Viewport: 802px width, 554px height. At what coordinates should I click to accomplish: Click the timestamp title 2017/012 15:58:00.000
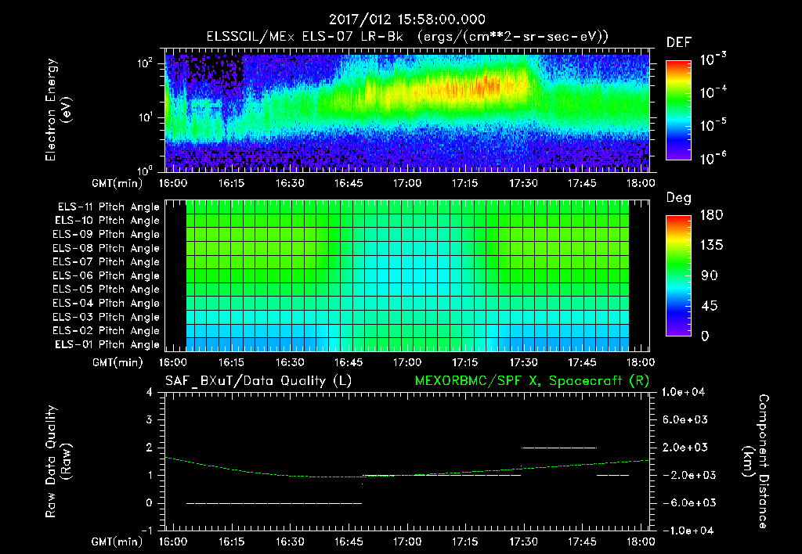click(407, 20)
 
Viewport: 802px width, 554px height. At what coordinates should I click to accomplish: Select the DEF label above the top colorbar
click(678, 42)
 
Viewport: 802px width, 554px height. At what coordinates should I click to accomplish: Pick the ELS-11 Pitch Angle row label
click(108, 207)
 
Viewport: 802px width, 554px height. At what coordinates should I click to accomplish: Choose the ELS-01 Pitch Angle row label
click(108, 344)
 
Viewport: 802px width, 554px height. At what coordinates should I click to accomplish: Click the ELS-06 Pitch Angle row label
click(108, 276)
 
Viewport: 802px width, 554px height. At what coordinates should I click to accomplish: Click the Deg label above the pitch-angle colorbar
click(678, 199)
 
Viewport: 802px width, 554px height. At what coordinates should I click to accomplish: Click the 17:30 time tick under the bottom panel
click(523, 541)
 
